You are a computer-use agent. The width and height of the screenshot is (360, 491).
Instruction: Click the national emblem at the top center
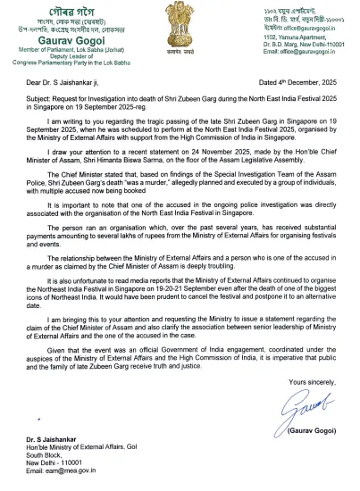point(180,26)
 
